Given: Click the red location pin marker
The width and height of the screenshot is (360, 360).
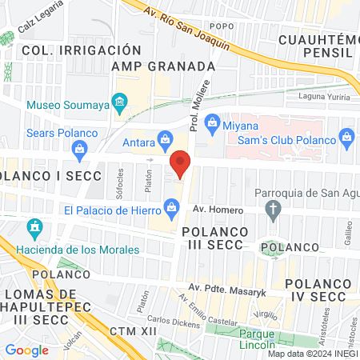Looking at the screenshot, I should point(181,162).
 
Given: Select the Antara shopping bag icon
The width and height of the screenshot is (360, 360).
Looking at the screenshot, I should point(164,138).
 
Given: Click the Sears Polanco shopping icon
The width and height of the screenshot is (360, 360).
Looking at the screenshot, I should point(79,147).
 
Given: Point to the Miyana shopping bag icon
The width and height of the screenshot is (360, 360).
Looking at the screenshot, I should point(212,121).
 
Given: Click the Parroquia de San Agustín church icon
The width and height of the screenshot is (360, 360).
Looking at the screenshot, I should point(274,210).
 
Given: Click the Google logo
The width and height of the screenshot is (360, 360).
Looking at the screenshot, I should point(27,350).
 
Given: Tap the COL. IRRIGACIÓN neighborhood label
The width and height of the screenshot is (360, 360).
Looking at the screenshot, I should point(64,50).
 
